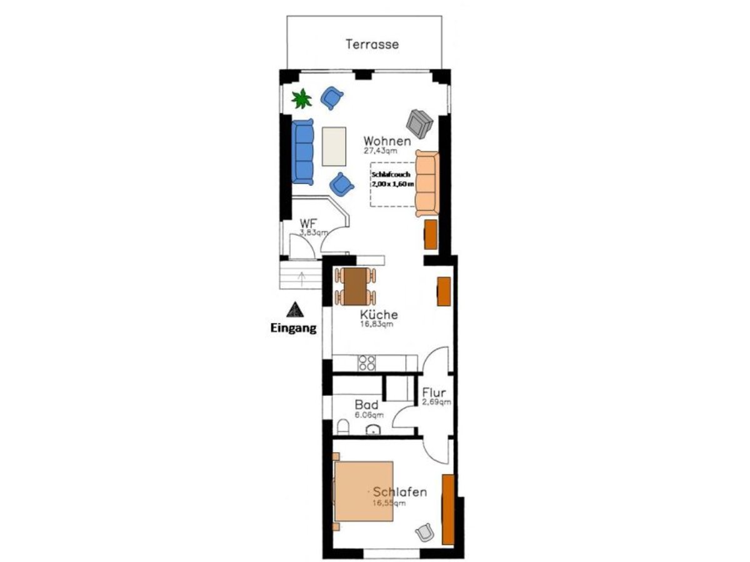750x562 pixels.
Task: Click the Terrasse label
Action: [372, 44]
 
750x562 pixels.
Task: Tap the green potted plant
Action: [301, 99]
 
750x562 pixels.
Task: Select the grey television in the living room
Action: [419, 123]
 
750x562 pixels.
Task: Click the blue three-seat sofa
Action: [302, 152]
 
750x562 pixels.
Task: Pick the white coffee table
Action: [334, 147]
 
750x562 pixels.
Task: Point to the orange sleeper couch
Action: [427, 183]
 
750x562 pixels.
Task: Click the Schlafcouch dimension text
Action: [392, 179]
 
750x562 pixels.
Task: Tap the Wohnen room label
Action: [387, 141]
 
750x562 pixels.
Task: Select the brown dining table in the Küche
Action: [356, 286]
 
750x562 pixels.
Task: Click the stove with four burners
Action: [367, 363]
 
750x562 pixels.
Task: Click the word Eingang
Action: [294, 328]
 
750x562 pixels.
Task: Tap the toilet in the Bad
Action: [342, 428]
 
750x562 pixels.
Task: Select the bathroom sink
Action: [374, 430]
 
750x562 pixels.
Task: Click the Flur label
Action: [434, 392]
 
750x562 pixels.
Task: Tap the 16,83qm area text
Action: [377, 324]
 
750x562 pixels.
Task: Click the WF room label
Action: [307, 224]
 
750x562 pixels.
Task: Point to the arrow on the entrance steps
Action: [302, 279]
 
